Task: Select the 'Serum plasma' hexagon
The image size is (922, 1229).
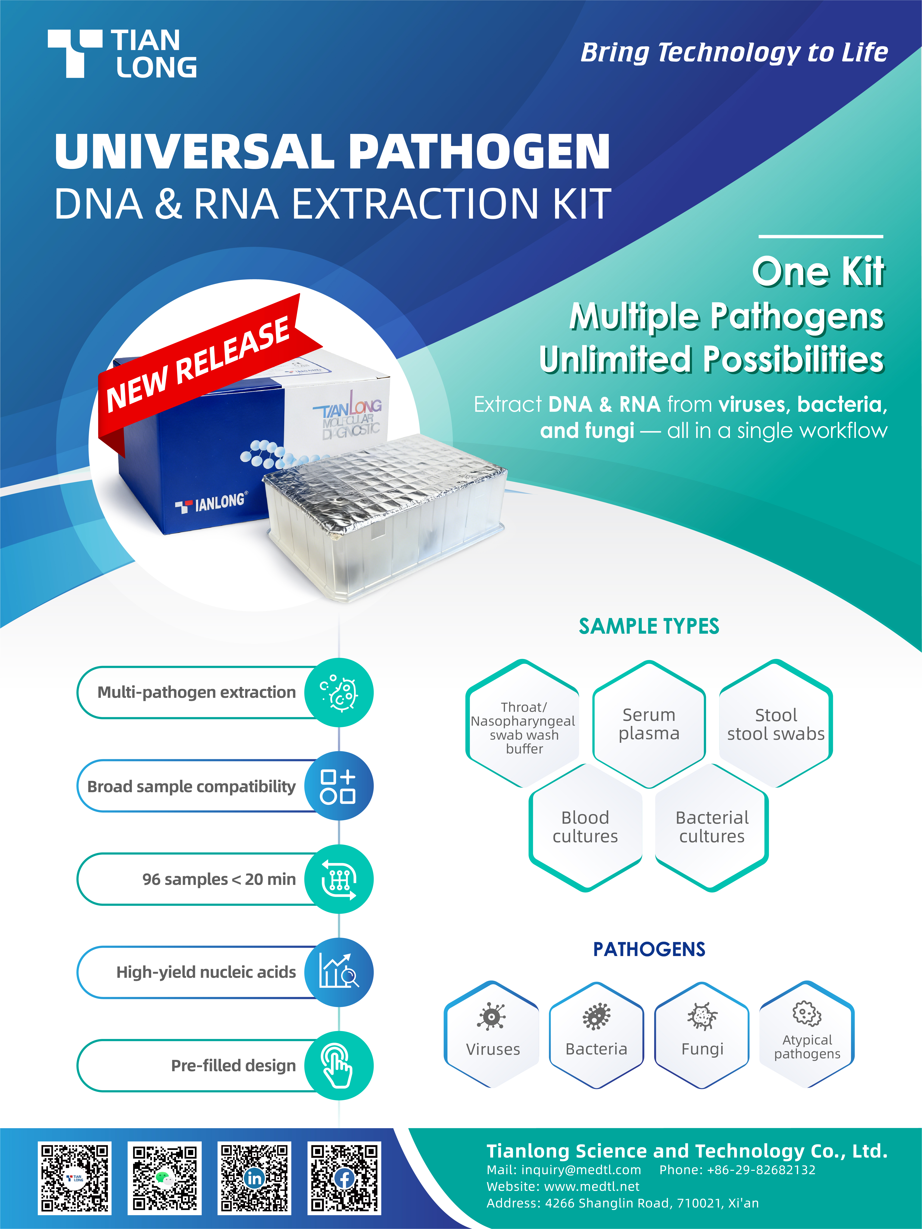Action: click(x=649, y=724)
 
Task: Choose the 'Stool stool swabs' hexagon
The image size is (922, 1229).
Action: click(x=776, y=724)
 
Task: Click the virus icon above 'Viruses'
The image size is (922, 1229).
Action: click(x=491, y=1016)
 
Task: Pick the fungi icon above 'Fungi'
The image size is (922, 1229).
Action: click(x=702, y=1016)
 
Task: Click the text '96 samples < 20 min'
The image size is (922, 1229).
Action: click(x=219, y=879)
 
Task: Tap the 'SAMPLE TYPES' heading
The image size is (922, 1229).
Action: click(x=649, y=626)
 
